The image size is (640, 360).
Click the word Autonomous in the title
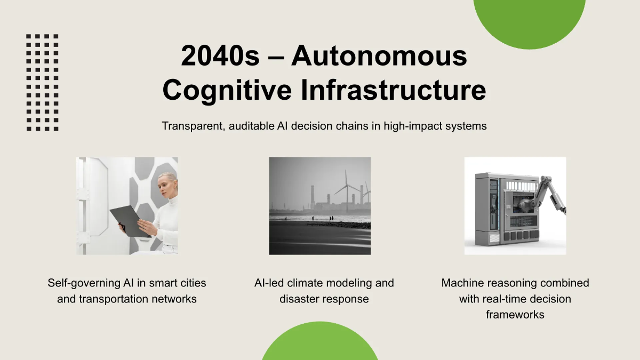point(379,56)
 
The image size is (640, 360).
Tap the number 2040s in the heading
point(220,56)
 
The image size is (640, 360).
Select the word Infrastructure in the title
point(394,90)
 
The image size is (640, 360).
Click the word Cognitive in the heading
point(227,91)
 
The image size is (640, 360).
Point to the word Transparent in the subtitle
point(193,126)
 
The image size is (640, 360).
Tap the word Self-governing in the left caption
point(84,283)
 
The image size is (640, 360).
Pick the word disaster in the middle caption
point(299,299)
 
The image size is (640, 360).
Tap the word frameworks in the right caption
point(515,315)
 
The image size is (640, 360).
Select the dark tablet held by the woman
point(131,221)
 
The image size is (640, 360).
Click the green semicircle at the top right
point(530,23)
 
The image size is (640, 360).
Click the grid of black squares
point(42,83)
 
